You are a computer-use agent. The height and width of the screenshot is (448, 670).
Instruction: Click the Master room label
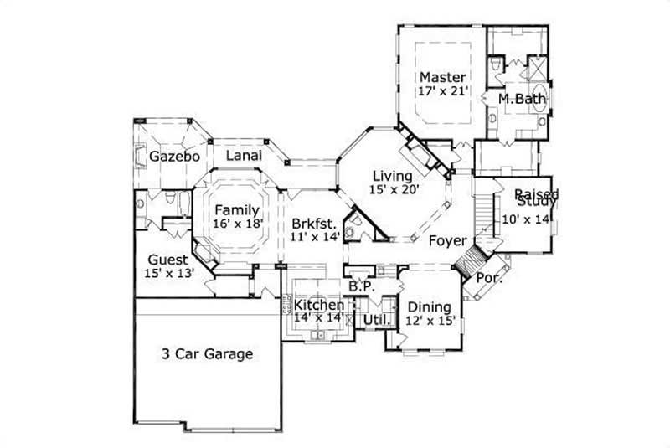443,77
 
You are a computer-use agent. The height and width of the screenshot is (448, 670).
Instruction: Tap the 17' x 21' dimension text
443,92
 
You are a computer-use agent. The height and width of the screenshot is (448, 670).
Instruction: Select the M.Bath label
522,99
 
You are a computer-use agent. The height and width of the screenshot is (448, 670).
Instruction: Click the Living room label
392,176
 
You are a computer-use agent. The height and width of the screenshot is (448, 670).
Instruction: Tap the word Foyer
447,241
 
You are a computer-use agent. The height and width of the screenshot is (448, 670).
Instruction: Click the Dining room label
429,306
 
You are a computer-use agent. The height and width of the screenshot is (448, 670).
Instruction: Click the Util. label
373,320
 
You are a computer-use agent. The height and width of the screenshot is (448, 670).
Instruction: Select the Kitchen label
318,305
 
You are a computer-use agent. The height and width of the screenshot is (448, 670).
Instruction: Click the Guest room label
168,260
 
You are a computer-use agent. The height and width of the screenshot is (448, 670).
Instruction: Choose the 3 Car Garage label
207,353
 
